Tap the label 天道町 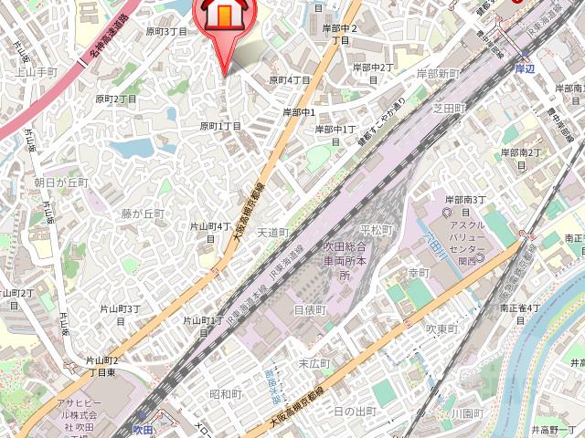coord(272,233)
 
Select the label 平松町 coord(376,229)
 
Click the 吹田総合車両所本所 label coord(345,261)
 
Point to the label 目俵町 coord(310,310)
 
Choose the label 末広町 coord(314,363)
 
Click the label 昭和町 coord(225,394)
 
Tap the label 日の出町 coord(355,412)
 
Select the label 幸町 coord(419,273)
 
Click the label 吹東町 coord(442,328)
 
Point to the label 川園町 coord(466,413)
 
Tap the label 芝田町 coord(449,109)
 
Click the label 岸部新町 coord(438,73)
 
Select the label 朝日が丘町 coord(61,182)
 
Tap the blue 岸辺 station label coord(524,68)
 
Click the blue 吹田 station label coord(142,428)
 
